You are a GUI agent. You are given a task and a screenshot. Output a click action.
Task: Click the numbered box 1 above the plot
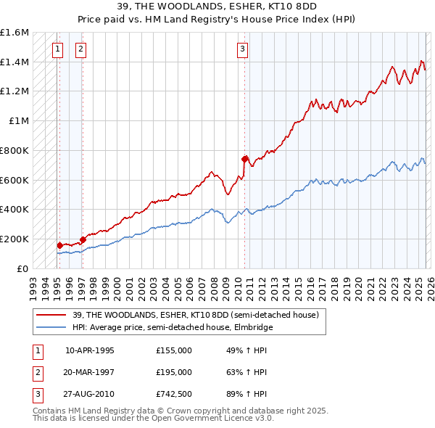point(57,49)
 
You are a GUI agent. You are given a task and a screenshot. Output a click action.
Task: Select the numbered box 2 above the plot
point(80,49)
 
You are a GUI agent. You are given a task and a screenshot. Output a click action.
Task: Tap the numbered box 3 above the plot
point(242,49)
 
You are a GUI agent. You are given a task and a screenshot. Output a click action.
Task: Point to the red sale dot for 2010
point(245,159)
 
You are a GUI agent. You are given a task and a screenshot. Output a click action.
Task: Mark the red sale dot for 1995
point(59,245)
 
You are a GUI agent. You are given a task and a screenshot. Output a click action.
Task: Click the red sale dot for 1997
point(83,239)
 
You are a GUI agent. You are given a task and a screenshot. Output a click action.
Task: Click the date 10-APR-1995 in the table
point(89,350)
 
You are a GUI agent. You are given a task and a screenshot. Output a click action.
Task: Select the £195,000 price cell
point(173,372)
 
